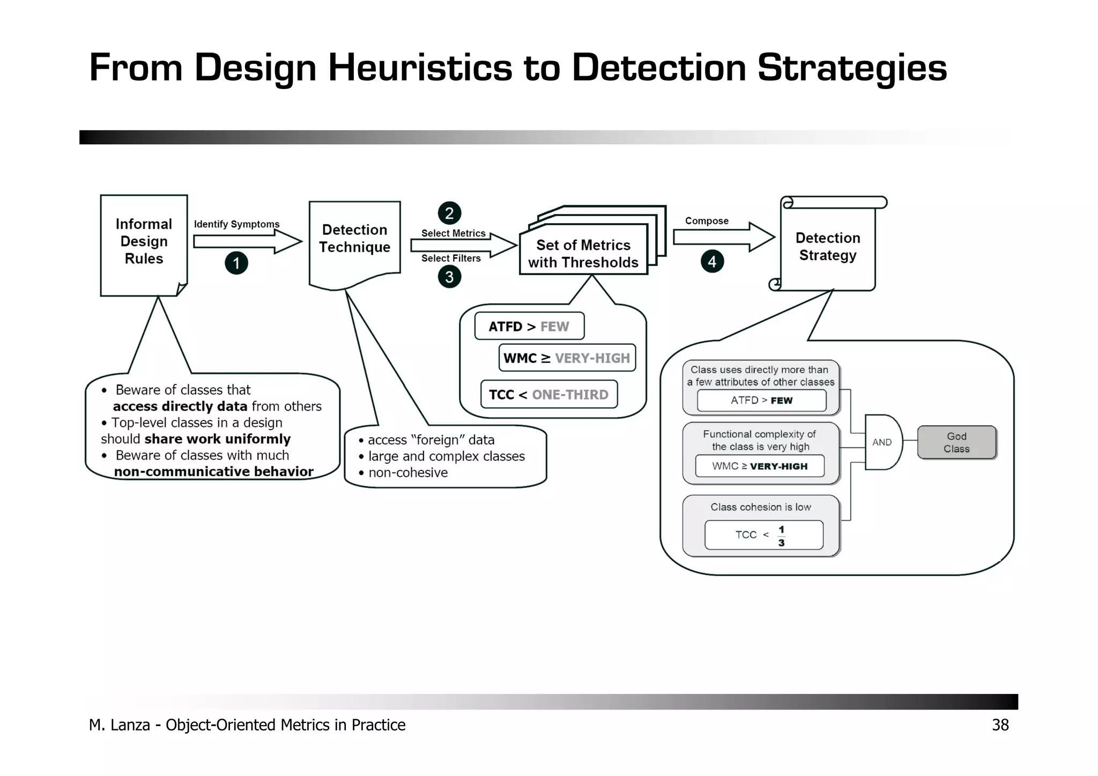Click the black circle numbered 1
coord(236,263)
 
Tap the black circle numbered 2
coord(449,213)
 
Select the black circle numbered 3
coord(449,277)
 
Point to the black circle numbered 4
coord(712,261)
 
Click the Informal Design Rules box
coord(144,244)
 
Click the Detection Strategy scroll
coord(827,246)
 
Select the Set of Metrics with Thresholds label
coord(583,254)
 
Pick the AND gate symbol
coord(882,442)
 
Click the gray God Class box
coord(956,442)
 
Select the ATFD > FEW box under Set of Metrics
coord(529,326)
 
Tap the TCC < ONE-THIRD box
coord(548,395)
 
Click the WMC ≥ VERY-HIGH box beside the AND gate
coord(760,466)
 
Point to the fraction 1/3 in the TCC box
coord(781,536)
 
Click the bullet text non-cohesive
coord(407,472)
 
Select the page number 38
coord(1000,725)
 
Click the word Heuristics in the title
coord(419,68)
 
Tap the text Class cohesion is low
coord(760,507)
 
